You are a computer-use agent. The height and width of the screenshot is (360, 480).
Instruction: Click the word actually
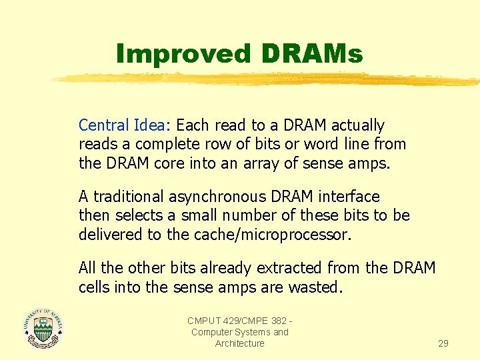tap(358, 125)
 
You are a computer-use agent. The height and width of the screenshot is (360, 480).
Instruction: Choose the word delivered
tap(108, 235)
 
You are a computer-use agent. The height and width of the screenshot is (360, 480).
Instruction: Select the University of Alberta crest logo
tap(42, 328)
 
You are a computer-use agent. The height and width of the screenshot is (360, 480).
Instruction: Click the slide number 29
tap(443, 343)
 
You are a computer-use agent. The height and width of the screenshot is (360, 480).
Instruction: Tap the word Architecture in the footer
tap(239, 343)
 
